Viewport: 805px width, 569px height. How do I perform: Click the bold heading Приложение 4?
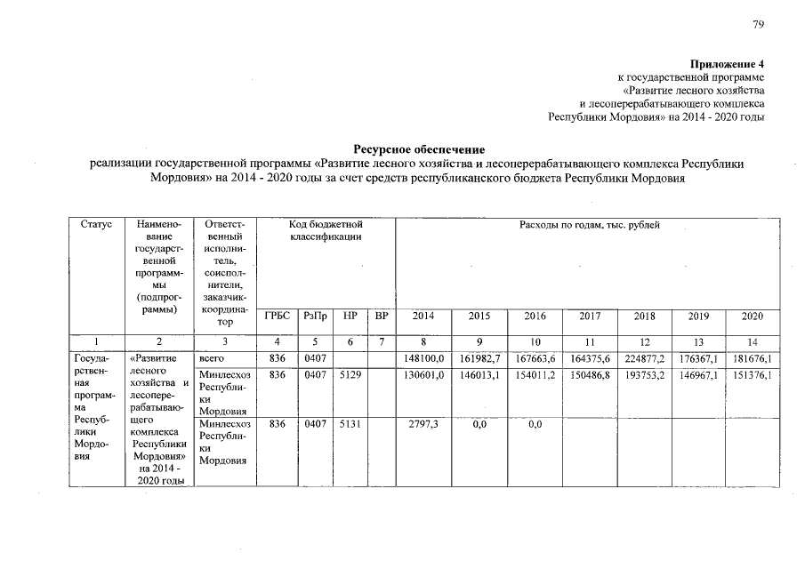pyautogui.click(x=728, y=65)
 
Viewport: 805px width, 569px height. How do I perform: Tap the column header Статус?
pyautogui.click(x=94, y=226)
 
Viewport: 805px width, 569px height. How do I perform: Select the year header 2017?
pyautogui.click(x=590, y=316)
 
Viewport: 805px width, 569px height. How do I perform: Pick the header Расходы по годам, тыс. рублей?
pyautogui.click(x=589, y=226)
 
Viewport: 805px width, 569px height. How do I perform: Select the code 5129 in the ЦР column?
pyautogui.click(x=350, y=375)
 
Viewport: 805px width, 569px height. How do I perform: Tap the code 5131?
pyautogui.click(x=350, y=426)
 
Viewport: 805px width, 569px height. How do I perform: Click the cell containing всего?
pyautogui.click(x=212, y=358)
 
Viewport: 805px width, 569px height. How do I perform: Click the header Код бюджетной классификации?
pyautogui.click(x=326, y=232)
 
